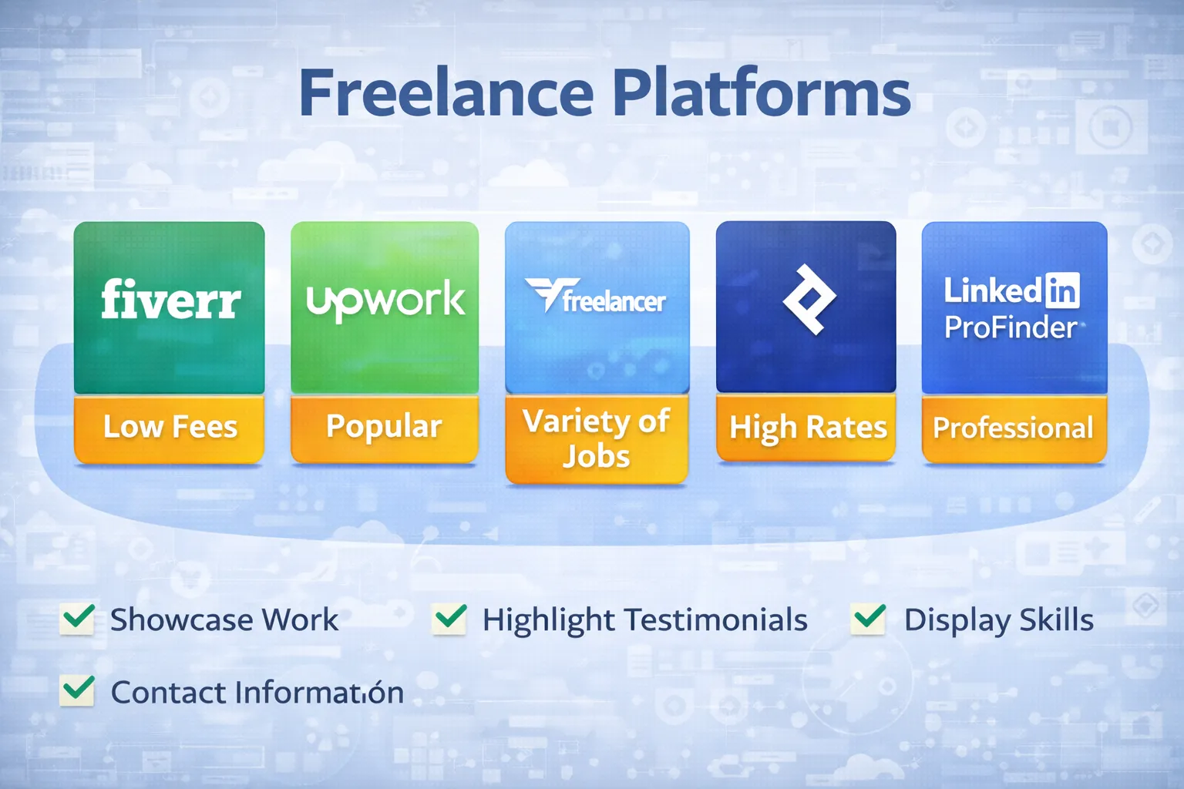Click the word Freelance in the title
point(446,94)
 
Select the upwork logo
point(385,300)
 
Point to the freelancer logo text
point(613,300)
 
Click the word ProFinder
point(1011,328)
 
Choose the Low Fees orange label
point(170,428)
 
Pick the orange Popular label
point(384,428)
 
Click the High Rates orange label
point(807,428)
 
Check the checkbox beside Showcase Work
point(78,618)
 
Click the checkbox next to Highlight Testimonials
point(450,618)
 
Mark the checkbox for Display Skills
point(869,618)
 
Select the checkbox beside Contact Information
point(78,690)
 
